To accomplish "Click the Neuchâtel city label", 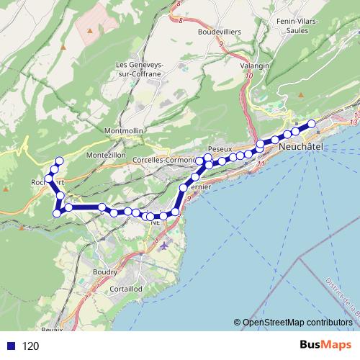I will pos(300,146).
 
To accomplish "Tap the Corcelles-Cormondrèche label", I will pos(165,160).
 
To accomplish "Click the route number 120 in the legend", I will pos(31,346).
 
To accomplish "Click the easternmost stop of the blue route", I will pos(312,124).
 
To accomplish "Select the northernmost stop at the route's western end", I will pos(60,161).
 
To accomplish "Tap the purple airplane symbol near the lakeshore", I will pos(166,245).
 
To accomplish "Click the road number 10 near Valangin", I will pos(248,76).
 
